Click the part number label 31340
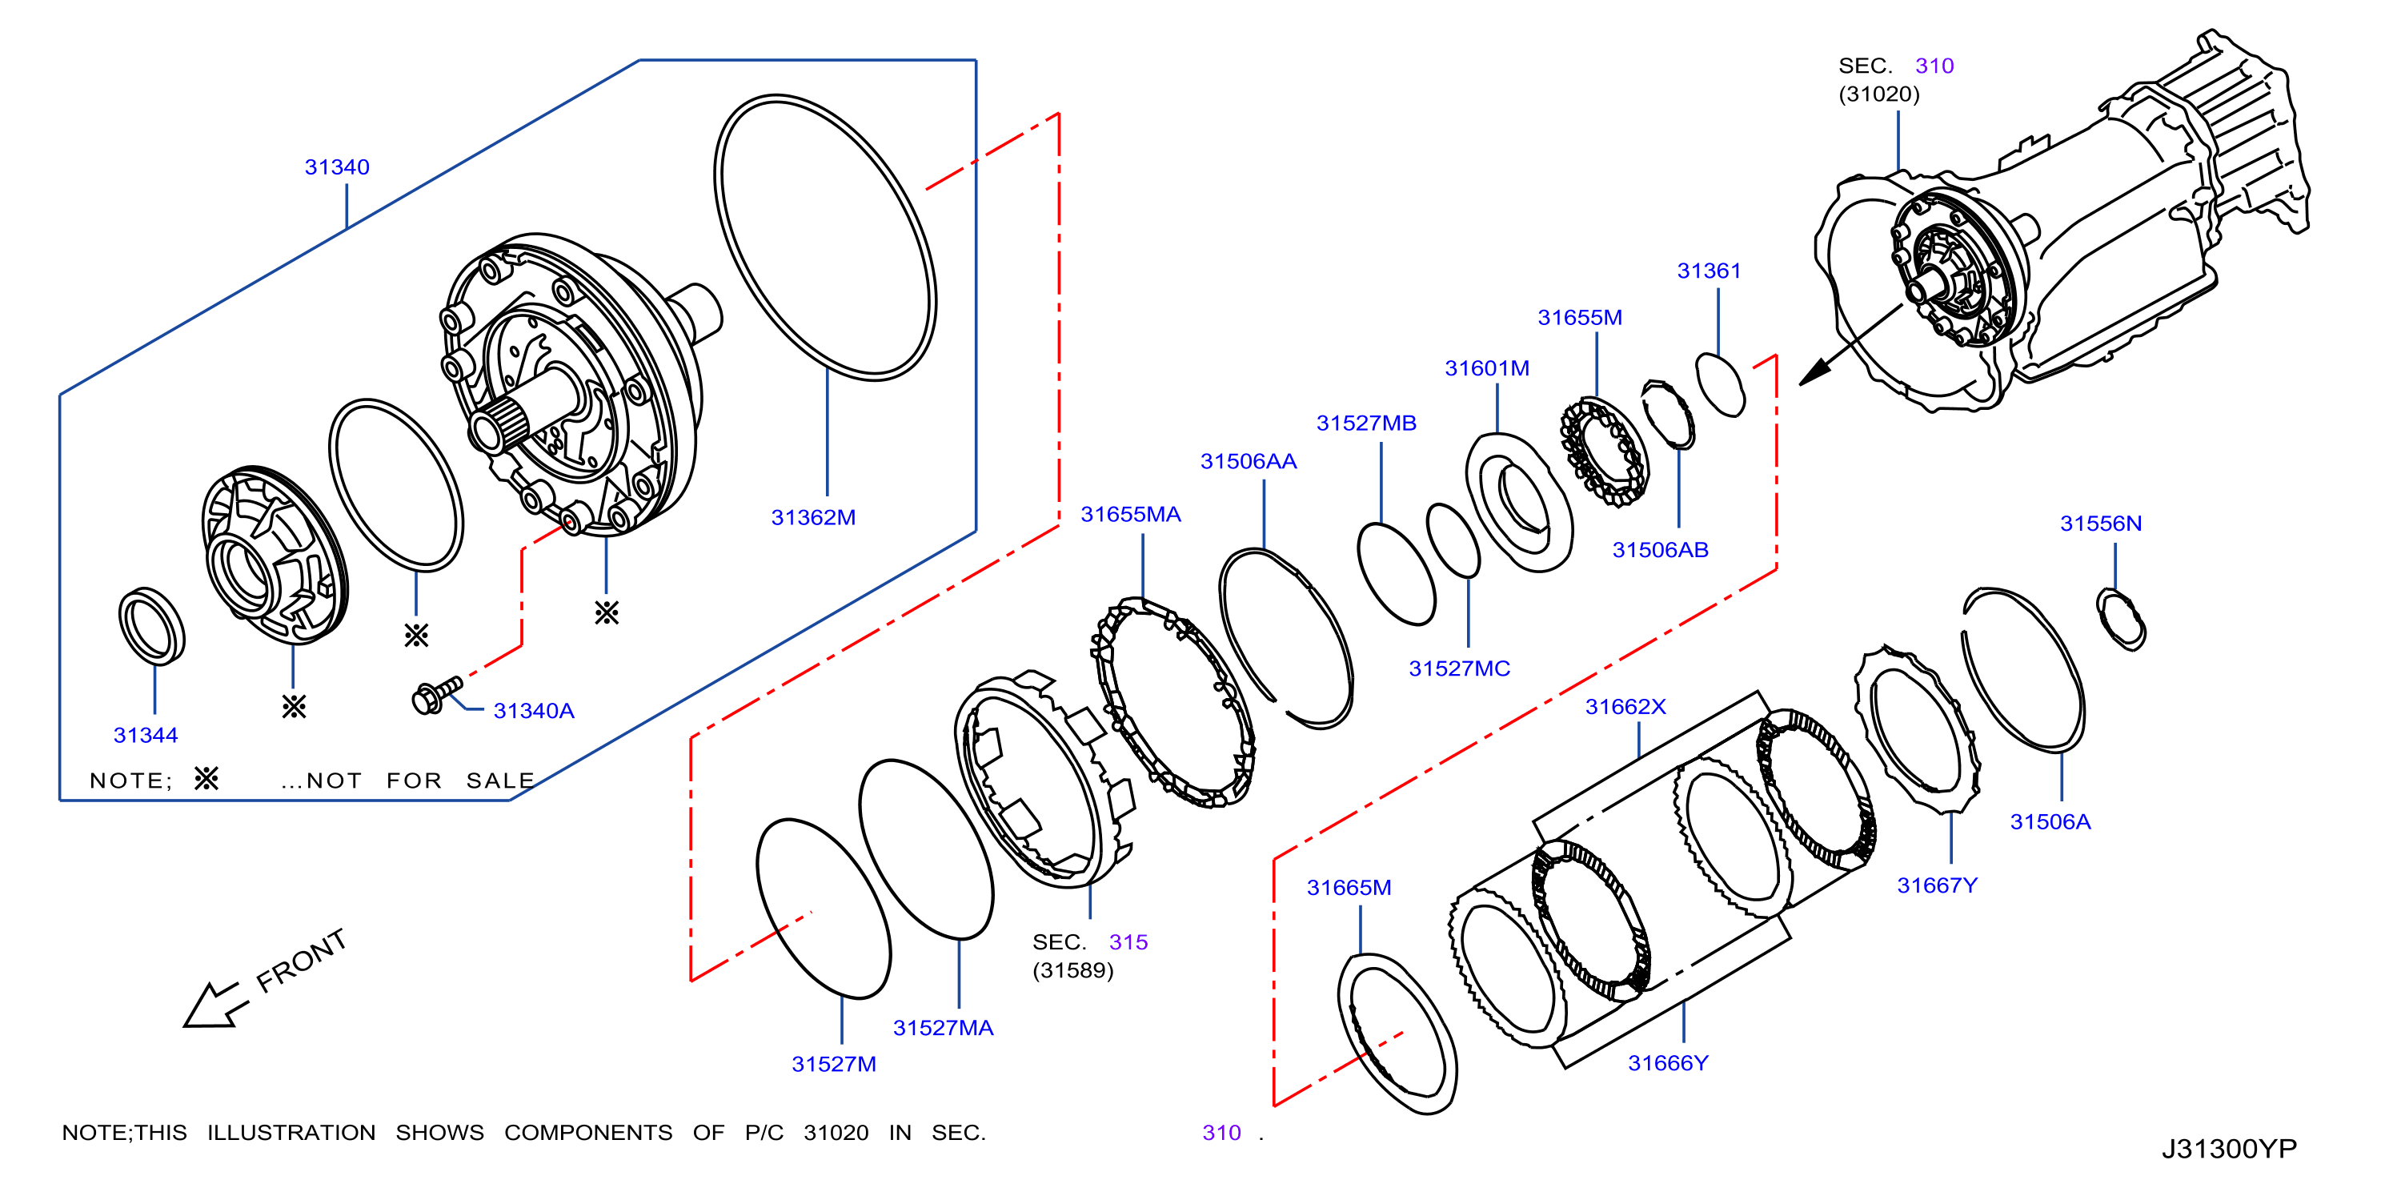pyautogui.click(x=337, y=167)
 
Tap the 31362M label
pyautogui.click(x=813, y=517)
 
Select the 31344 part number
pyautogui.click(x=146, y=736)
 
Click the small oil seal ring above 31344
pyautogui.click(x=151, y=626)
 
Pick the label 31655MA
pyautogui.click(x=1131, y=515)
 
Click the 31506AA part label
pyautogui.click(x=1249, y=462)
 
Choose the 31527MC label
pyautogui.click(x=1460, y=668)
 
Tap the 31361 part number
pyautogui.click(x=1710, y=271)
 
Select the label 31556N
pyautogui.click(x=2101, y=523)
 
